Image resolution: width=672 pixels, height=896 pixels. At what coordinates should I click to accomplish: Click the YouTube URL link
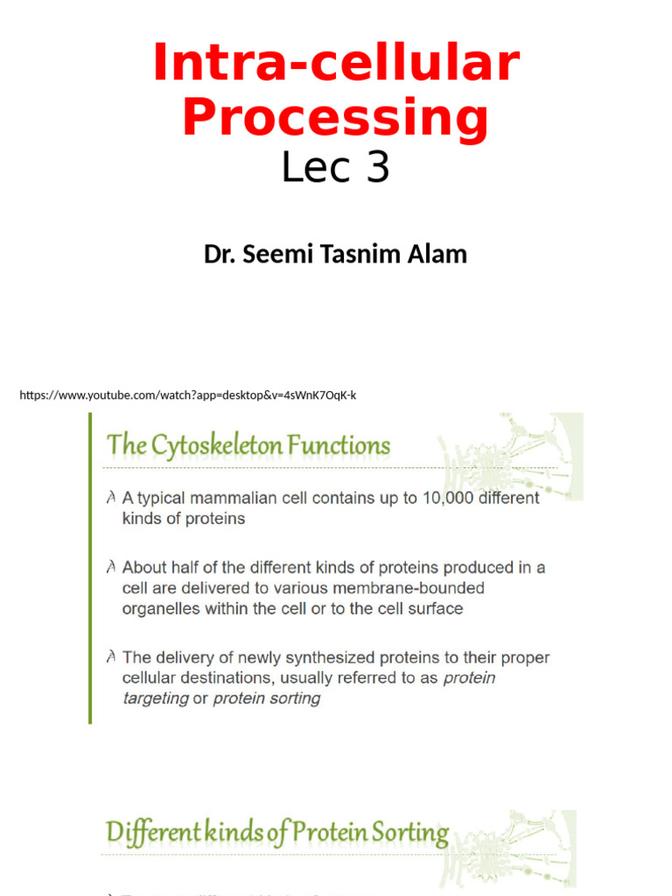pos(188,395)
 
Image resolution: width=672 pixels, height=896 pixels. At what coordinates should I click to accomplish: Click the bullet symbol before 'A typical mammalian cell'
pos(111,498)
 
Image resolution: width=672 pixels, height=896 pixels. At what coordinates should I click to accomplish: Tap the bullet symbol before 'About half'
pos(111,568)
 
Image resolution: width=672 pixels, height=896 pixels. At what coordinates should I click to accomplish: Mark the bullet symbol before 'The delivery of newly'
pos(111,657)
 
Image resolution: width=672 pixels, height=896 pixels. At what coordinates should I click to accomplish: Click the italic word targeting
pos(156,698)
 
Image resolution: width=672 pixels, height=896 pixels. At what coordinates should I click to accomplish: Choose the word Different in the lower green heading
pos(154,834)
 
